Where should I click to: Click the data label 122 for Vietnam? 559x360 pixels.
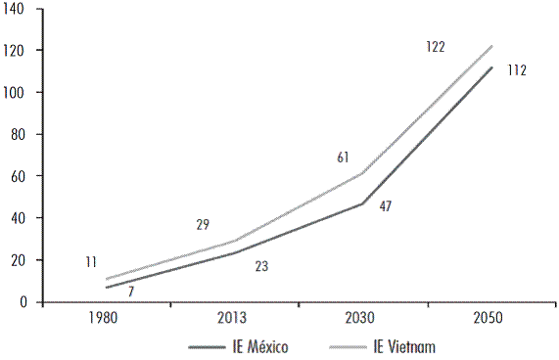pyautogui.click(x=436, y=46)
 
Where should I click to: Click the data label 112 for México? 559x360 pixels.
pyautogui.click(x=518, y=70)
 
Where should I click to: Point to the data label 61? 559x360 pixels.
pyautogui.click(x=343, y=157)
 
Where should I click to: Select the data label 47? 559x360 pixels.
pyautogui.click(x=388, y=208)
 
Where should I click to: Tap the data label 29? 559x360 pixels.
pyautogui.click(x=203, y=225)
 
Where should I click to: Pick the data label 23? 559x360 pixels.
pyautogui.click(x=261, y=265)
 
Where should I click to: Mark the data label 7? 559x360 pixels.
pyautogui.click(x=130, y=292)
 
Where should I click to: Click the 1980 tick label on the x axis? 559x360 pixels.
pyautogui.click(x=106, y=319)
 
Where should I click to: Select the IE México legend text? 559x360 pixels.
pyautogui.click(x=261, y=346)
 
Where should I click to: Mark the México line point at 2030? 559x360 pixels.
pyautogui.click(x=362, y=203)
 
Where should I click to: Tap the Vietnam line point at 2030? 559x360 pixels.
pyautogui.click(x=362, y=174)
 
